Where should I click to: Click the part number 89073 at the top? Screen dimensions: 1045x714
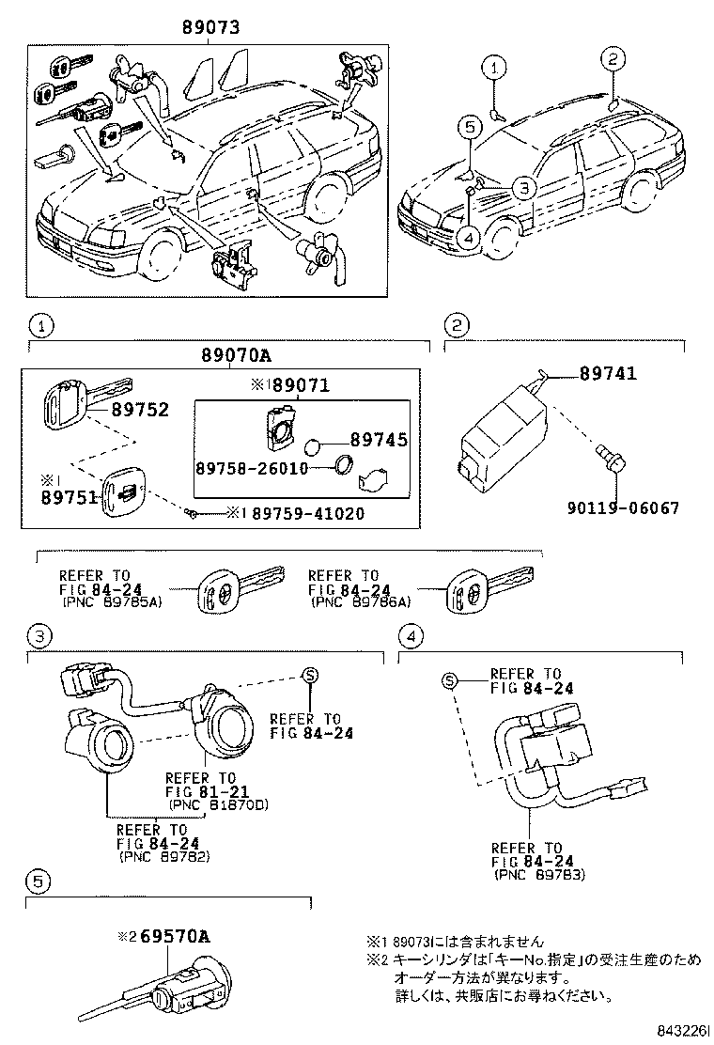210,29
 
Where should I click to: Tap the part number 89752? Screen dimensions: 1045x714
140,410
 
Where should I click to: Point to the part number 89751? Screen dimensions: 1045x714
70,497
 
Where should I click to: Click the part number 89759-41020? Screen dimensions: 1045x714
301,514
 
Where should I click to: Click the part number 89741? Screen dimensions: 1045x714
608,374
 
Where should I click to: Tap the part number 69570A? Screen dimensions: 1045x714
175,936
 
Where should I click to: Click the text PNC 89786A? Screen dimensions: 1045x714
362,602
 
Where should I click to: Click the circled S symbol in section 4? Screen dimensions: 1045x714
451,680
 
